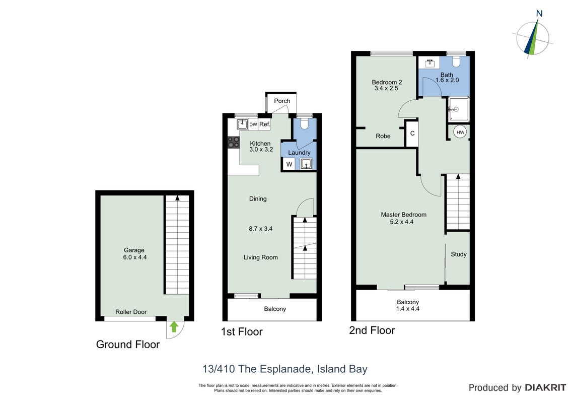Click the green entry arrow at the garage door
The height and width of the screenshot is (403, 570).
click(x=174, y=326)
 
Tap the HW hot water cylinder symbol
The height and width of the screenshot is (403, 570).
click(x=460, y=132)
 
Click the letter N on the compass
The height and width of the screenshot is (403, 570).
click(x=539, y=14)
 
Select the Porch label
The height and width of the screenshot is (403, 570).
click(x=282, y=101)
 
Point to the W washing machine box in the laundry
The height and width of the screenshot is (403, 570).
click(x=290, y=164)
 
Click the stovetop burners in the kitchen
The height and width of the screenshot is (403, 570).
click(x=233, y=142)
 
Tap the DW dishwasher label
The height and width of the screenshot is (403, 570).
click(x=253, y=124)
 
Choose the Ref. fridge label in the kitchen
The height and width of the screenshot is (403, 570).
click(x=265, y=124)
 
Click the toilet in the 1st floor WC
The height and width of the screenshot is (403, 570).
click(x=304, y=123)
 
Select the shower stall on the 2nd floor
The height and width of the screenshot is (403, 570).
click(x=458, y=109)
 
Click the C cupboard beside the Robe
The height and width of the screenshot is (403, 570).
click(x=412, y=133)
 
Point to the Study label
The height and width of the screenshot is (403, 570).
click(x=458, y=254)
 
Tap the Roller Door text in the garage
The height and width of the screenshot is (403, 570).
click(x=131, y=312)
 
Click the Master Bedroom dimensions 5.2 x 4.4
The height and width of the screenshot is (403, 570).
click(x=402, y=222)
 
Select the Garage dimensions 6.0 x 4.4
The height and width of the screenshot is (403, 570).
click(x=135, y=257)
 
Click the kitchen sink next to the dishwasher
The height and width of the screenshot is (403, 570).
click(x=243, y=124)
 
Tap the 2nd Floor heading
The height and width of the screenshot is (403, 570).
click(x=372, y=330)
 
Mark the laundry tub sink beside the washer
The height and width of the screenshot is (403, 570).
click(x=306, y=164)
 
